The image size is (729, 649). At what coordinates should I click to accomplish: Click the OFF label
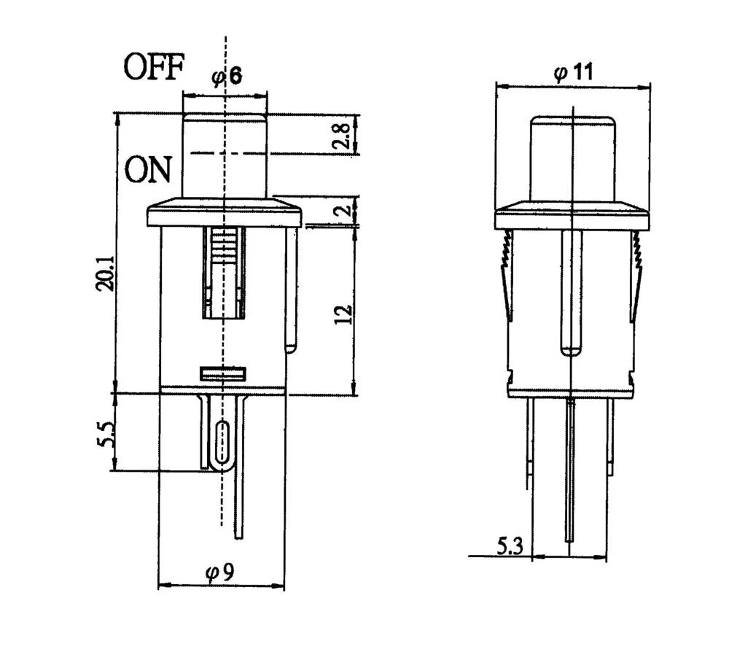tap(153, 67)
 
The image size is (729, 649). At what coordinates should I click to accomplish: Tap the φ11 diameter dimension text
tap(572, 72)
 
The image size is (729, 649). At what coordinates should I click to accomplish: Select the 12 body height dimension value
tap(345, 313)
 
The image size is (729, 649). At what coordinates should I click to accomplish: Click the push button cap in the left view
tap(225, 155)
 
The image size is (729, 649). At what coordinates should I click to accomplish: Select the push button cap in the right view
tap(573, 157)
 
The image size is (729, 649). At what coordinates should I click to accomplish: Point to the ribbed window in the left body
tap(225, 271)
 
